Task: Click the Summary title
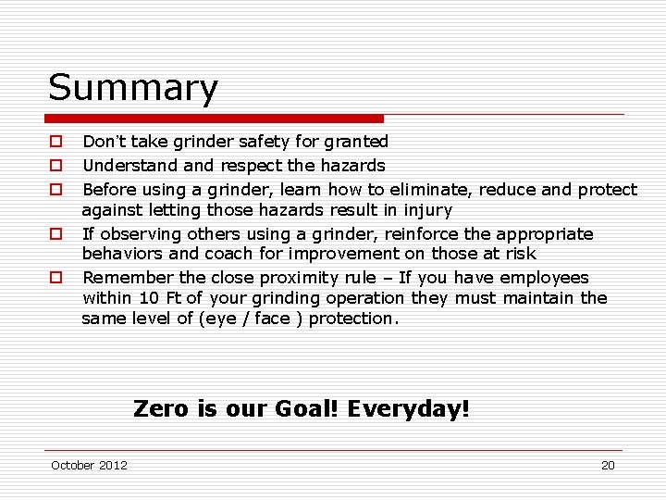(133, 88)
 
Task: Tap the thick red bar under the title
(214, 119)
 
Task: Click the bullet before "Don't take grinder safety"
(56, 142)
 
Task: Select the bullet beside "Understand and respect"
(56, 166)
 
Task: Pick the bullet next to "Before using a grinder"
(56, 190)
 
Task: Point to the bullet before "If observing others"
(56, 234)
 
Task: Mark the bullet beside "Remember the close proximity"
(56, 278)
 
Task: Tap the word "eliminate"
(425, 190)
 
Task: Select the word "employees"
(544, 278)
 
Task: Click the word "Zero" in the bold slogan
(161, 408)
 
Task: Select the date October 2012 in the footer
(89, 465)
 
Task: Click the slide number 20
(608, 465)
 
